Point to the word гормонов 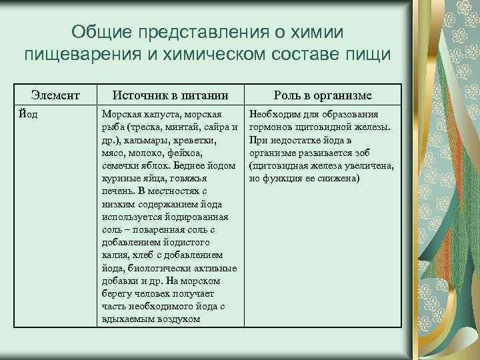[x=271, y=128]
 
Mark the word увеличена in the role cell [x=371, y=166]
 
